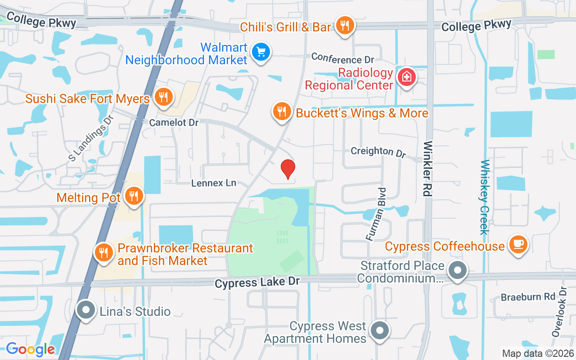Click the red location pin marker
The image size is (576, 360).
point(288,169)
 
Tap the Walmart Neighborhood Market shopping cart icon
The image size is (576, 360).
point(261,52)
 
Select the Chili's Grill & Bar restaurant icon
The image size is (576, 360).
point(345,26)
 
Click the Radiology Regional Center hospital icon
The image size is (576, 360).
point(406,77)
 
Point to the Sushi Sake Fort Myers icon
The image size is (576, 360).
point(162,97)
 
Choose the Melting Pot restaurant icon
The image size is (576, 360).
point(134,196)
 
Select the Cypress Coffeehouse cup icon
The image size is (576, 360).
point(518,244)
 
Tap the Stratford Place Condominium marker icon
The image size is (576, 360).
point(458,271)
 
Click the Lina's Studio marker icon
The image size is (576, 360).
point(85,310)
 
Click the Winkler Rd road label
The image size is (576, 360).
point(428,169)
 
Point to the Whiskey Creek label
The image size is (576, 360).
point(484,197)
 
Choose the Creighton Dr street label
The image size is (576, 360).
point(378,152)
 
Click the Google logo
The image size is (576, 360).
point(30,349)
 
